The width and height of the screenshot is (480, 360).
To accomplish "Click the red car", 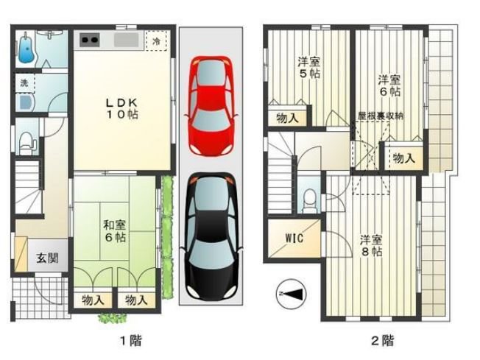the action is (x=211, y=105).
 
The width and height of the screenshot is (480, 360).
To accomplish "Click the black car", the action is (x=211, y=237).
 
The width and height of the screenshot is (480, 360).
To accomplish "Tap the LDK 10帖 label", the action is (x=121, y=108).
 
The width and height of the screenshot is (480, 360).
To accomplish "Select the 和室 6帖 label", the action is (x=115, y=231).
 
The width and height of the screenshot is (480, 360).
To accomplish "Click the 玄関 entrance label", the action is (x=47, y=258).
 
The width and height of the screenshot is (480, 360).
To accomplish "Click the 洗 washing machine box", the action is (x=24, y=83).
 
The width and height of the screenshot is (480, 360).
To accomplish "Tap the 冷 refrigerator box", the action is (x=156, y=40).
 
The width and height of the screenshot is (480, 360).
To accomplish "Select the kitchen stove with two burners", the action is (x=90, y=40).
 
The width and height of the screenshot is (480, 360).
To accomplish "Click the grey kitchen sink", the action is (x=127, y=40).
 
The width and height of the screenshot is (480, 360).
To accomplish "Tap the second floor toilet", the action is (x=310, y=200).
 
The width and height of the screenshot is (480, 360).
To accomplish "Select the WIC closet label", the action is (x=294, y=238).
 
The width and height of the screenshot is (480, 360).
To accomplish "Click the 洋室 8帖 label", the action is (x=371, y=245).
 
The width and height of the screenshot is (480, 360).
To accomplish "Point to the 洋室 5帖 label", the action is (x=309, y=68).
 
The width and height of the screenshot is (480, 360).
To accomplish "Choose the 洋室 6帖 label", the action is (x=389, y=85).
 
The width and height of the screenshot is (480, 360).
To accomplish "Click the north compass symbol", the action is (x=291, y=294).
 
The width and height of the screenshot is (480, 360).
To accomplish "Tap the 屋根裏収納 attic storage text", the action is (x=381, y=116).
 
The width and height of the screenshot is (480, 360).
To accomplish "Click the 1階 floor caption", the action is (x=131, y=340).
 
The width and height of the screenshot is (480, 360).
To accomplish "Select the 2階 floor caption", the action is (x=383, y=340).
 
